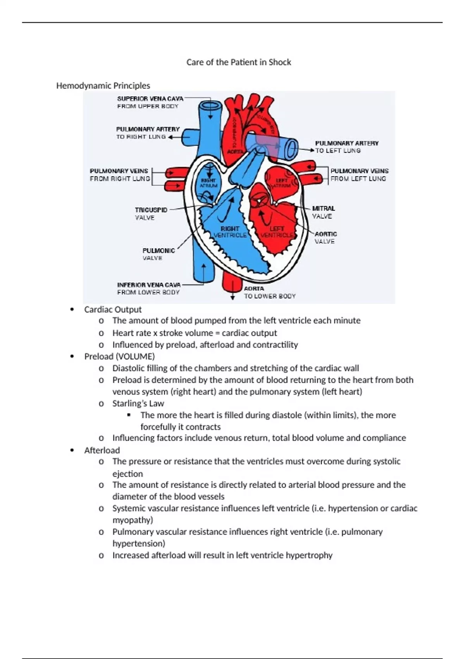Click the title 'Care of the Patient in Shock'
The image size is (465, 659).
coord(239,62)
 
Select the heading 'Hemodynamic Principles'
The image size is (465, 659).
coord(103,86)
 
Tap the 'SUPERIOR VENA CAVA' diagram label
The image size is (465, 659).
coord(150,98)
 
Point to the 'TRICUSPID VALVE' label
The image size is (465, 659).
coord(151,214)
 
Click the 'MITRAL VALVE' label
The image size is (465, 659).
coord(323,212)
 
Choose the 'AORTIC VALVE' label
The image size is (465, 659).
coord(325,238)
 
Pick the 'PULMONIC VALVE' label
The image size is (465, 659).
coord(158,254)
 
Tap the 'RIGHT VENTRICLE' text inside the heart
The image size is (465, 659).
coord(230,232)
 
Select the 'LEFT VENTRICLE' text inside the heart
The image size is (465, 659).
coord(277,232)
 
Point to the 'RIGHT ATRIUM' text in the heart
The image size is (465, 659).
coord(208,183)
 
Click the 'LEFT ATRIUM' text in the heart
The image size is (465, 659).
coord(282,183)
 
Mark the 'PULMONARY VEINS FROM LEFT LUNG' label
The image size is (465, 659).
coord(359,175)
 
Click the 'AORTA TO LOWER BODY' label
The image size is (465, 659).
coord(269,292)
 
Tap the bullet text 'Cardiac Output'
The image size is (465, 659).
coord(113,309)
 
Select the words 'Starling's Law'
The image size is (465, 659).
coord(138,403)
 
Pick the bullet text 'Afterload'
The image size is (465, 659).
coord(102,450)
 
